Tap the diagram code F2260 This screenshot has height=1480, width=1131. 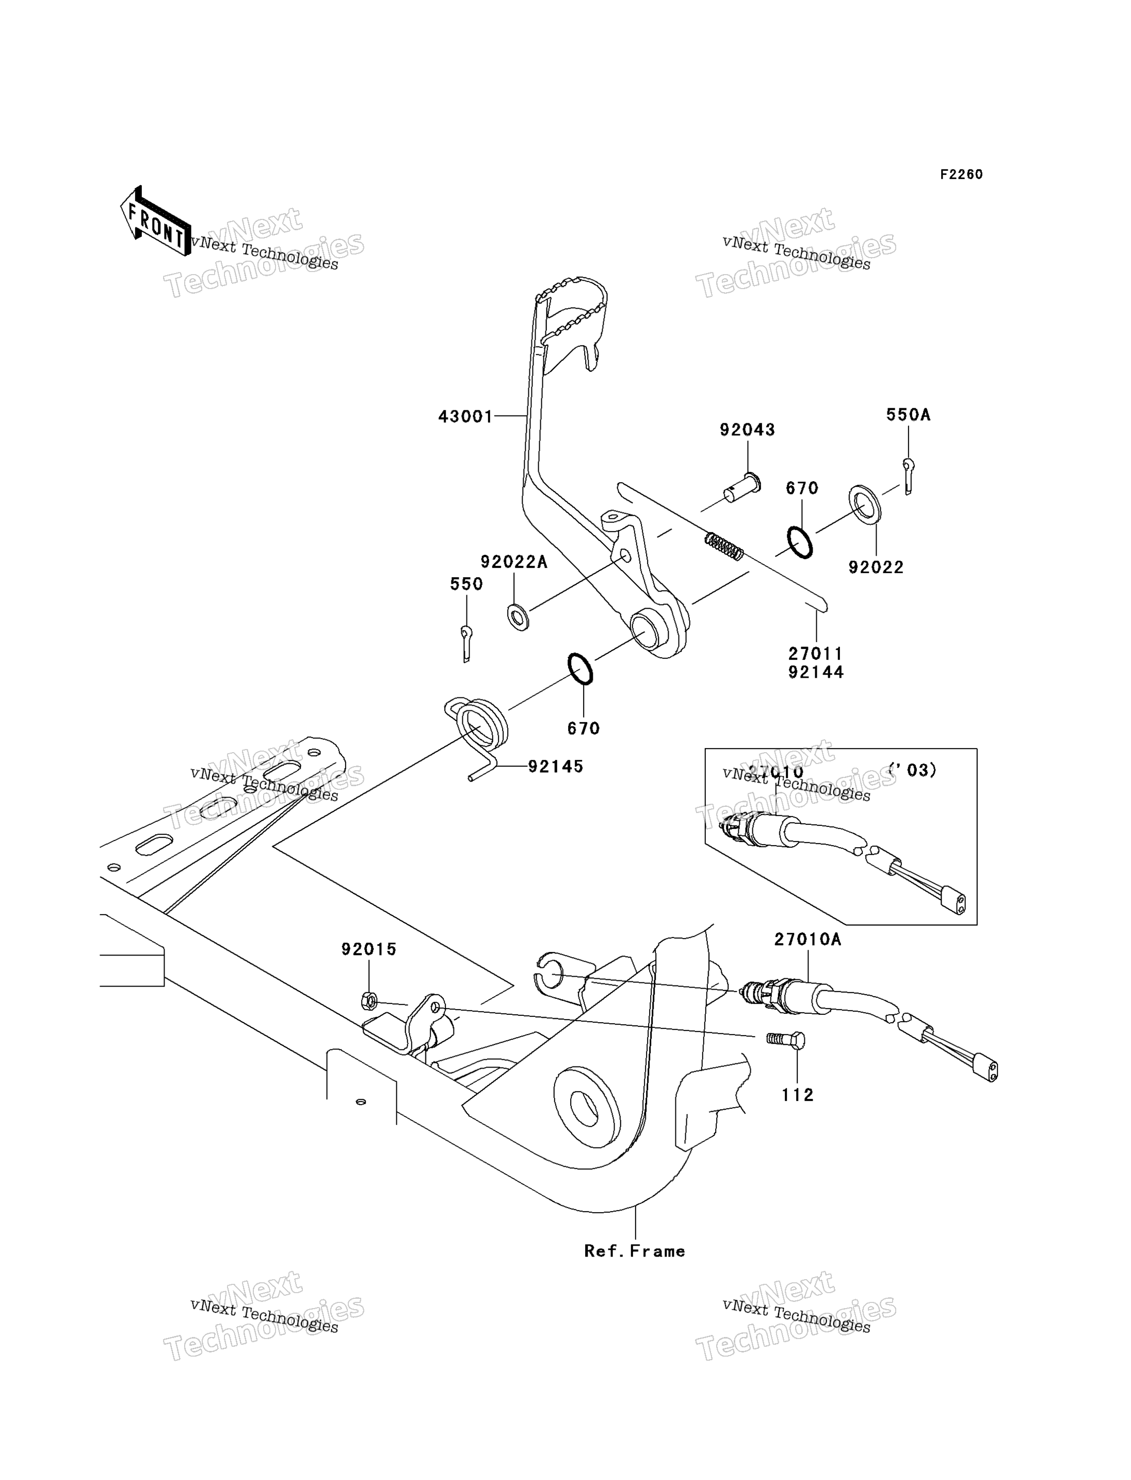coord(961,174)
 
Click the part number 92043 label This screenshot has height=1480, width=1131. coord(747,430)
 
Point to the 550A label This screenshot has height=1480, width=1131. coord(908,415)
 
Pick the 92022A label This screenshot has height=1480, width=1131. coord(514,562)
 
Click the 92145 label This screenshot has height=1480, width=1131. coord(555,767)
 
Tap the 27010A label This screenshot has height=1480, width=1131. coord(808,940)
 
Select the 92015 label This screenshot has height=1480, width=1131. coord(369,949)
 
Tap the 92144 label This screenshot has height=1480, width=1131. coord(816,672)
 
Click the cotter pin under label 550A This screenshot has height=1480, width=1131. coord(908,475)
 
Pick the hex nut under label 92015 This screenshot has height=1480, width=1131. coord(369,1001)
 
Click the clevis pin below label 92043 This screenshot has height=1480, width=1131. coord(742,488)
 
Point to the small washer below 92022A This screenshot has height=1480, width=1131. coord(518,616)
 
